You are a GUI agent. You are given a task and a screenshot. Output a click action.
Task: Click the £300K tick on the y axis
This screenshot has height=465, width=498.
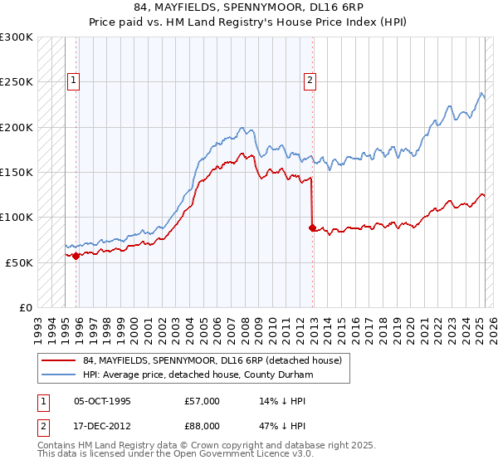click(17, 37)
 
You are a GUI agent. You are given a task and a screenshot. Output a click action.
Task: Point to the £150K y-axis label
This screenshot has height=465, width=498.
click(17, 172)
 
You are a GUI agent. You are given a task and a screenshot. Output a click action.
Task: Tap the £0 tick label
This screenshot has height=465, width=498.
click(26, 307)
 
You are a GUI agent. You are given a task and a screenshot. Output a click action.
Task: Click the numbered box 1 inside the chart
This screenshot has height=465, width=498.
click(74, 81)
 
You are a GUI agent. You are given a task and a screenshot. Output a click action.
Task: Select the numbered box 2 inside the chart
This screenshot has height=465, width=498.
click(310, 81)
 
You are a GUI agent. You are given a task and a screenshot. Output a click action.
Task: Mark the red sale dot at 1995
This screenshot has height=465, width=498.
click(76, 256)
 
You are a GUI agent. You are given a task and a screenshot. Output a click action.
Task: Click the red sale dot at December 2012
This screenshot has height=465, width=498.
click(312, 228)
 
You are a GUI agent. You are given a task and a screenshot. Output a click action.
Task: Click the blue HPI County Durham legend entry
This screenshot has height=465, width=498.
click(197, 374)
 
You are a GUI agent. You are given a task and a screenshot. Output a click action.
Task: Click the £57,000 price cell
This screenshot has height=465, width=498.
click(203, 401)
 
